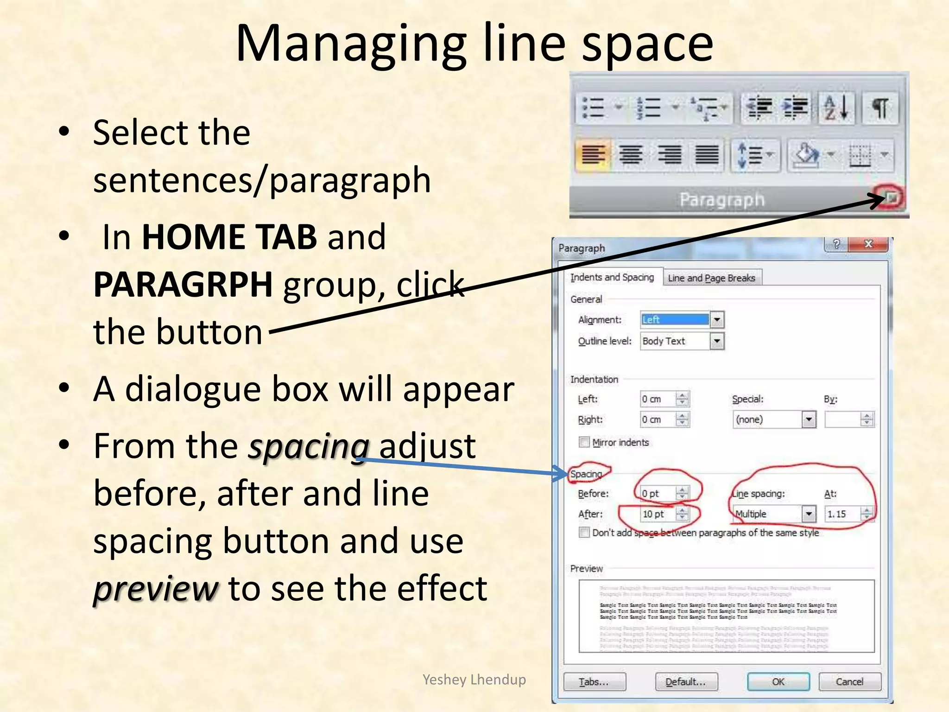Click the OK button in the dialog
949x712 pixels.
[x=778, y=681]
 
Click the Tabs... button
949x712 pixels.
[x=594, y=681]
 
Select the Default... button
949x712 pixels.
[x=686, y=681]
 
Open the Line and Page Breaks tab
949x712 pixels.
[x=711, y=278]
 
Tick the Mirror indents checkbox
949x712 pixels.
[x=584, y=442]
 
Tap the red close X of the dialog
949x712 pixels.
[x=868, y=244]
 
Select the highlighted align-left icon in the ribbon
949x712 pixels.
[x=593, y=154]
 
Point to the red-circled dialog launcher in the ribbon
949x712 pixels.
[x=892, y=198]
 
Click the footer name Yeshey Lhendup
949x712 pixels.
[x=474, y=679]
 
